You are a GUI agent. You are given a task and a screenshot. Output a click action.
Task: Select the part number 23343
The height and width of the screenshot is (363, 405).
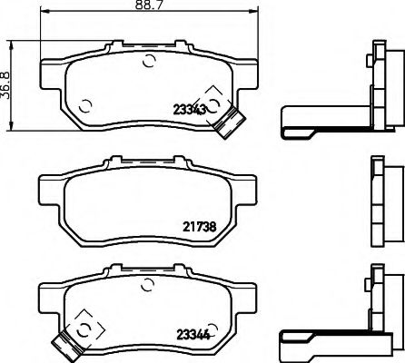pyautogui.click(x=188, y=107)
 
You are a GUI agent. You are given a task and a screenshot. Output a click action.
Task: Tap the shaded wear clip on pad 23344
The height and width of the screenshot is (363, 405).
pyautogui.click(x=66, y=341)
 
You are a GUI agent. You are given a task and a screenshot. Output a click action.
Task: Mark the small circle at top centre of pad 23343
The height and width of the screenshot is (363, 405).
pyautogui.click(x=149, y=63)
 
